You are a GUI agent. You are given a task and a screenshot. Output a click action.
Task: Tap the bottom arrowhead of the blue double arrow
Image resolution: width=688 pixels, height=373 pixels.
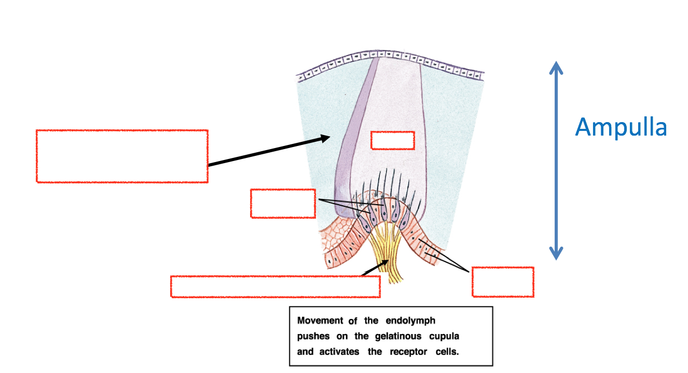[556, 254]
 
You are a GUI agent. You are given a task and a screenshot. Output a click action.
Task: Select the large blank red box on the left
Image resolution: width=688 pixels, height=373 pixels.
[122, 156]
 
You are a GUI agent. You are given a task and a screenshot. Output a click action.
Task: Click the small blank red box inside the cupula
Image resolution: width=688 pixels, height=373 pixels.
[392, 140]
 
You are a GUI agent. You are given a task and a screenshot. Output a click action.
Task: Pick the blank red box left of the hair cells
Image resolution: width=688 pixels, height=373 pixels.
[283, 203]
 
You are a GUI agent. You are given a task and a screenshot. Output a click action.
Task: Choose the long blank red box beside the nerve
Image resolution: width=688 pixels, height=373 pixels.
[275, 286]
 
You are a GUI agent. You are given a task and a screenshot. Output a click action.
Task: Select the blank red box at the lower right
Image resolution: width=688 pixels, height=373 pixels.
[503, 282]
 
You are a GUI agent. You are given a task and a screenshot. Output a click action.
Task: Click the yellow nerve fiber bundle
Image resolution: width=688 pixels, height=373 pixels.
[386, 255]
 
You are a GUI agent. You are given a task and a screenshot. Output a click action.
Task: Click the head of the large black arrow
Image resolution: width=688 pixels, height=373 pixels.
[325, 138]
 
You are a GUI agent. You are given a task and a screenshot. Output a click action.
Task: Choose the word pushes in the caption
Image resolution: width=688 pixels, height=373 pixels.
[310, 336]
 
